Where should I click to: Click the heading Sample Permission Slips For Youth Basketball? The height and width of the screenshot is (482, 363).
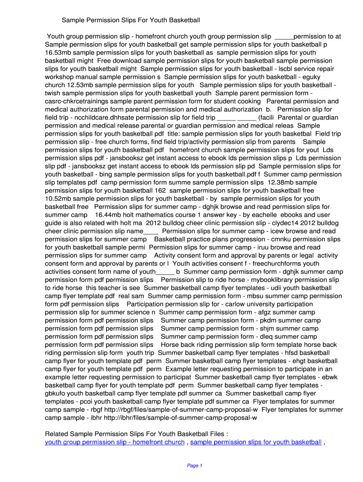click(131, 20)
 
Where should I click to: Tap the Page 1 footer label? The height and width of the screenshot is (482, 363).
click(194, 466)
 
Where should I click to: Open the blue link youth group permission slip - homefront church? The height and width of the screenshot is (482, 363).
click(115, 442)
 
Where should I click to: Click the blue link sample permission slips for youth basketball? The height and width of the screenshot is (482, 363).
click(256, 442)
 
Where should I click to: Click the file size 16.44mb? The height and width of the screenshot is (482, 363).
click(109, 215)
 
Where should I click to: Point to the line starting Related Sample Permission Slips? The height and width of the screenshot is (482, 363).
click(137, 434)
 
